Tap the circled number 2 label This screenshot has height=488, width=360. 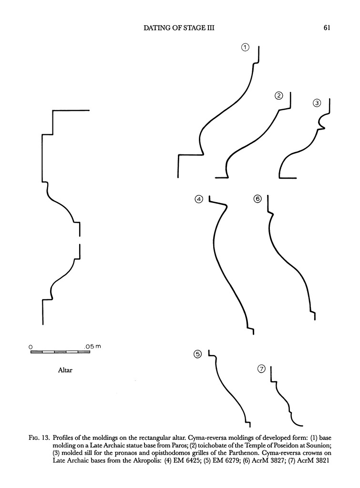[x=279, y=96]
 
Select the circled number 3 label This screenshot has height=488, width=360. [x=317, y=102]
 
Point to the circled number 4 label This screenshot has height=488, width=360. [x=199, y=199]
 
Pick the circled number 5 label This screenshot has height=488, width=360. [x=198, y=354]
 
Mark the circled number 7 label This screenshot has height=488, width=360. [x=261, y=369]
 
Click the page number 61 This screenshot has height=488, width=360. [x=327, y=28]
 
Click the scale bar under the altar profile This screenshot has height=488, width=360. [x=60, y=352]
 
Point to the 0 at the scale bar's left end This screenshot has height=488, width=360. [x=31, y=346]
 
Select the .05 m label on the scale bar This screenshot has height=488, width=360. [x=93, y=346]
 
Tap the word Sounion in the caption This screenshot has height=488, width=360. [x=311, y=445]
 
